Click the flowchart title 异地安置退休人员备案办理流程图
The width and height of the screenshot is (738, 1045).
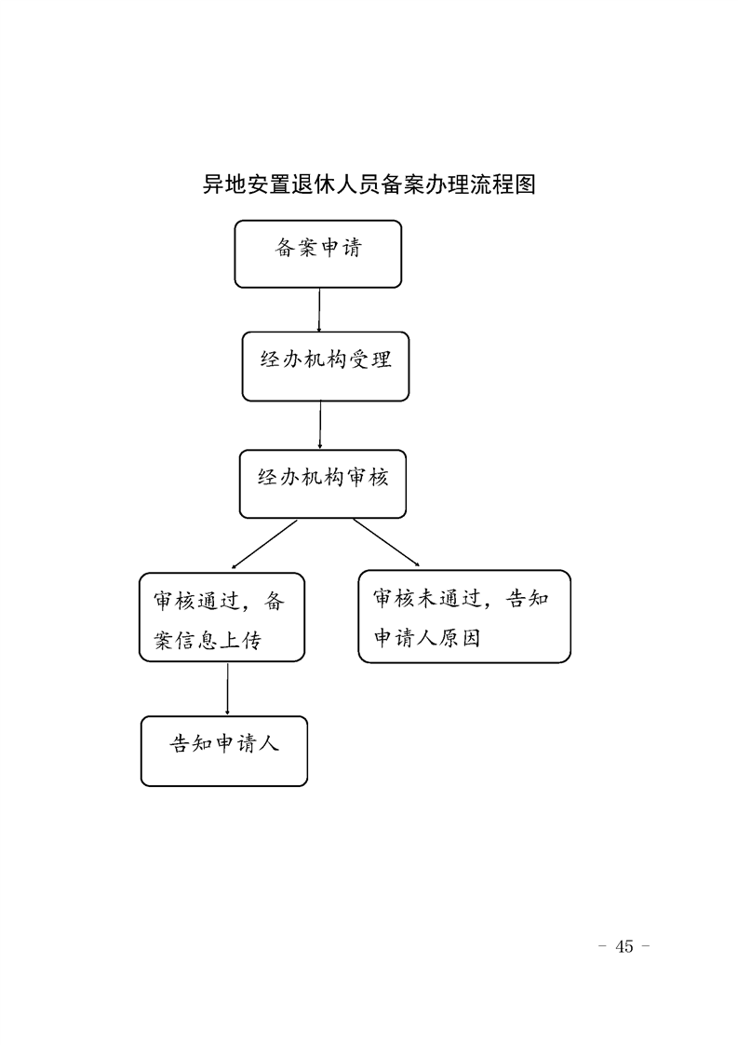(x=369, y=183)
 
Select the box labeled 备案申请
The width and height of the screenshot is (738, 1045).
(x=317, y=254)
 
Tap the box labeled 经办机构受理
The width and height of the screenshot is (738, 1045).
(x=325, y=367)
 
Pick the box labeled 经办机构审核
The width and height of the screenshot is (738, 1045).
(x=322, y=483)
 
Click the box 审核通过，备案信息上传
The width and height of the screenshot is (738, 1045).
(x=221, y=617)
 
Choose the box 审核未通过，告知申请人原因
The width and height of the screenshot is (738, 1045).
(x=464, y=617)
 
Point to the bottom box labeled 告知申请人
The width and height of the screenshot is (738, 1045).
(x=223, y=751)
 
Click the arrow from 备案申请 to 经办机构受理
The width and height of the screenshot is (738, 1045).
(x=319, y=310)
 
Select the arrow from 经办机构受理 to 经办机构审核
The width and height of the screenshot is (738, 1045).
(x=320, y=426)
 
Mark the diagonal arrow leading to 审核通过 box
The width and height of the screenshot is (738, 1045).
(x=264, y=544)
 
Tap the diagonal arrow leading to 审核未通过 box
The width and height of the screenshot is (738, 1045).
(x=386, y=542)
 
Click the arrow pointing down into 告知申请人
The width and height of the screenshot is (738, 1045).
(x=228, y=689)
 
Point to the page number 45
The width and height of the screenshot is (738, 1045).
(x=624, y=946)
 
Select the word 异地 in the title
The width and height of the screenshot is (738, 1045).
(x=223, y=183)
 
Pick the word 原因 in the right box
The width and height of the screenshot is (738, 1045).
(x=459, y=639)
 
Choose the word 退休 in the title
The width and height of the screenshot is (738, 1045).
(x=313, y=183)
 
